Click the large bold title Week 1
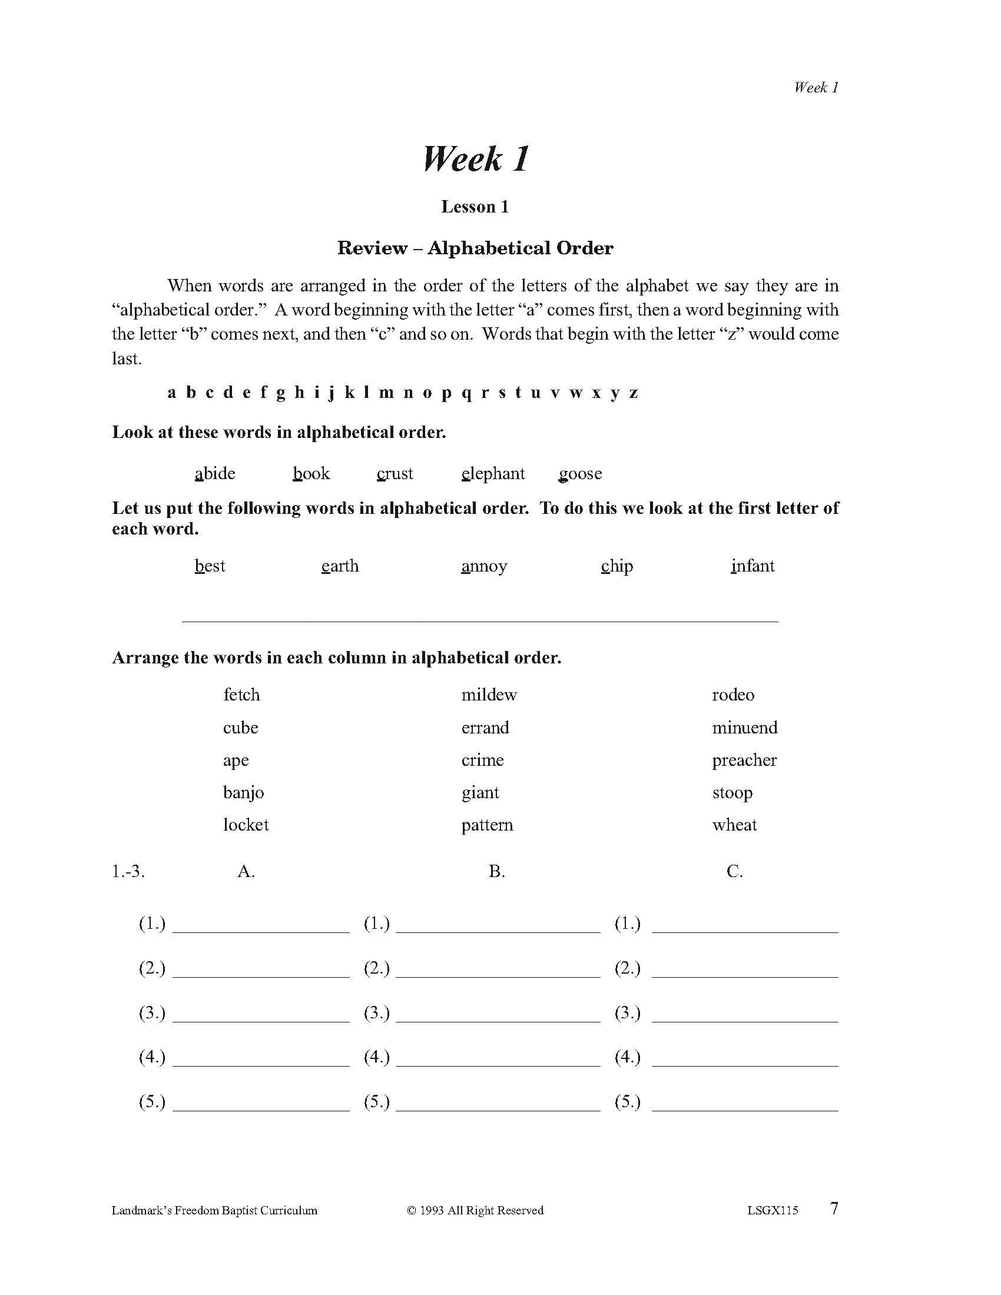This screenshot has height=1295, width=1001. click(475, 159)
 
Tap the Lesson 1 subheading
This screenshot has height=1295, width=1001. click(475, 207)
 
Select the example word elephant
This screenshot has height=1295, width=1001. click(493, 473)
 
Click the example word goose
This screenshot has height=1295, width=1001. click(580, 473)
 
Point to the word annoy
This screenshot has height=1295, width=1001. click(484, 566)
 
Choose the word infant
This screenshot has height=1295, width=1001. click(753, 566)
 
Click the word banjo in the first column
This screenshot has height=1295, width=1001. click(243, 792)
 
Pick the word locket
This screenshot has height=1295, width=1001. click(246, 825)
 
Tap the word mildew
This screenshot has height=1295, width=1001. click(489, 695)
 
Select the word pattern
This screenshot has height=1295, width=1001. click(487, 825)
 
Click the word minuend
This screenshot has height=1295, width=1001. click(744, 728)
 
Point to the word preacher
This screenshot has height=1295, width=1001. click(744, 760)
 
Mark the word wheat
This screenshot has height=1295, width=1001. click(734, 825)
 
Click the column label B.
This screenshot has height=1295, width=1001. click(496, 871)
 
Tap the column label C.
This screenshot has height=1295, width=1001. click(734, 871)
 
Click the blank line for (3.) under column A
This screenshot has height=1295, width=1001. click(261, 1015)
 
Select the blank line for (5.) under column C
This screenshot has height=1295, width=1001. click(744, 1104)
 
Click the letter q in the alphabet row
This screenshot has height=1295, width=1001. click(466, 393)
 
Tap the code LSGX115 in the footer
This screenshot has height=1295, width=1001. click(772, 1211)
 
